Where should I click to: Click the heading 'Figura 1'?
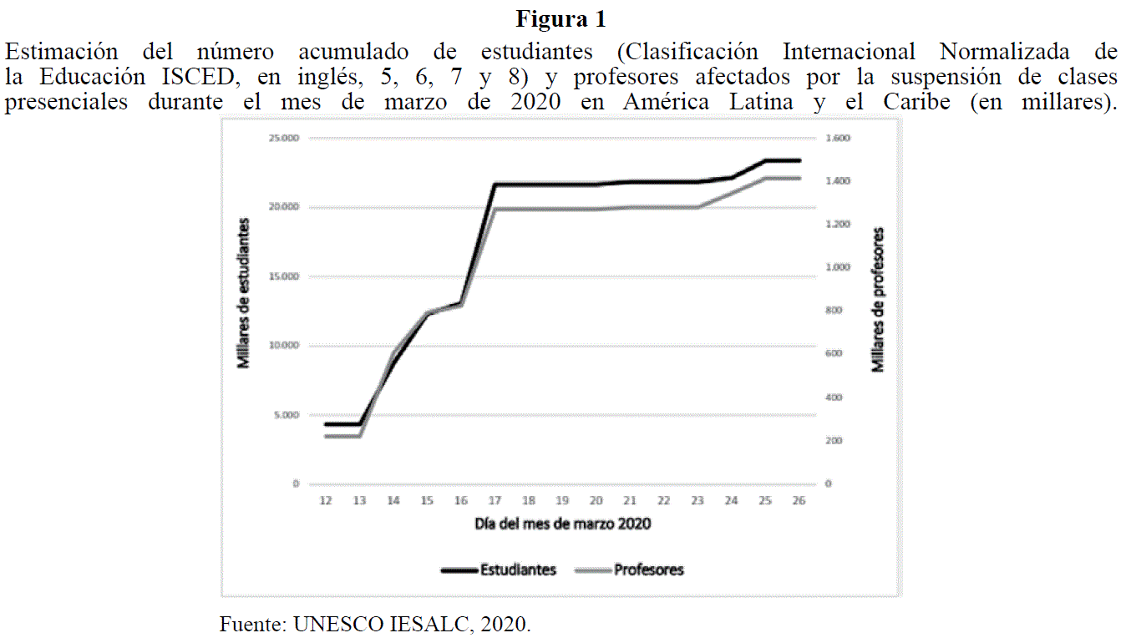[x=561, y=18]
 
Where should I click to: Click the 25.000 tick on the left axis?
[x=284, y=139]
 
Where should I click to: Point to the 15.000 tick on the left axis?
[x=284, y=276]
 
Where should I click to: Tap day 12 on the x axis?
[x=326, y=500]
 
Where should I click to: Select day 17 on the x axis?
[x=495, y=500]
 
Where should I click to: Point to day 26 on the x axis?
[x=799, y=500]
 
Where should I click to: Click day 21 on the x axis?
[x=630, y=500]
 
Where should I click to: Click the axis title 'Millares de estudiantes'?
[x=244, y=293]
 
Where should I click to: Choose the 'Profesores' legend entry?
[x=648, y=570]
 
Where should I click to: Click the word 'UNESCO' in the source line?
[x=335, y=624]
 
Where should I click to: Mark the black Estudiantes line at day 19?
[x=562, y=185]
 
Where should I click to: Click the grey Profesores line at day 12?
[x=326, y=435]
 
